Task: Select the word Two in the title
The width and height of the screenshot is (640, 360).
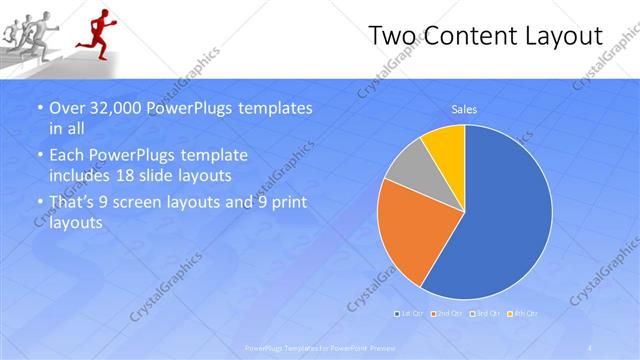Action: tap(392, 36)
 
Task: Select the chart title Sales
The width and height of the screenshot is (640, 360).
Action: tap(464, 109)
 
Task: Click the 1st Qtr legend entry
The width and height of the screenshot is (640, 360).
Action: tap(410, 314)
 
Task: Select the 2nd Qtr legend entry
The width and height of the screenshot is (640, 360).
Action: tap(446, 314)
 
